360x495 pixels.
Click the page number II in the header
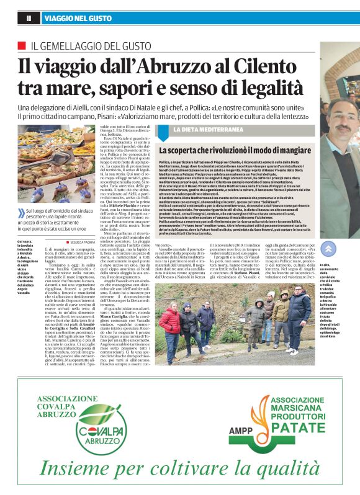29,19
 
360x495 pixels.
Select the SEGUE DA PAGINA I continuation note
84,241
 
